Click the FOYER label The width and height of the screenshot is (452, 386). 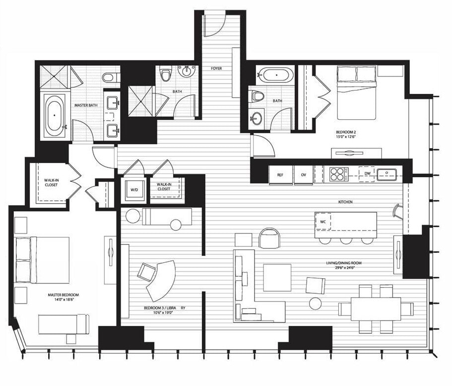click(x=216, y=69)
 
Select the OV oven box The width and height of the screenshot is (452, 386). click(x=304, y=175)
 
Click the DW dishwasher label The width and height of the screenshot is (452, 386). click(x=367, y=173)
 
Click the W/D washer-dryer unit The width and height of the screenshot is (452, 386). click(x=134, y=190)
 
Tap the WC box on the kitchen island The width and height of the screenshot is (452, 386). click(x=323, y=222)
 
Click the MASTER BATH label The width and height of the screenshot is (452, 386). click(x=86, y=105)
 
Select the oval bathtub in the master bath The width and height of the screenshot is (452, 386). click(x=55, y=115)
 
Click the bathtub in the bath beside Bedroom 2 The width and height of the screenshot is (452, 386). click(x=276, y=75)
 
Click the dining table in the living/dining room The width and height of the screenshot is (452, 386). click(x=376, y=309)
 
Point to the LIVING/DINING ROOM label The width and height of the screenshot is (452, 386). click(x=344, y=263)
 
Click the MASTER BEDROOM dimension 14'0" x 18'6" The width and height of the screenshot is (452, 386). click(x=63, y=300)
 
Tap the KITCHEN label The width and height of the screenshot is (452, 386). click(x=345, y=202)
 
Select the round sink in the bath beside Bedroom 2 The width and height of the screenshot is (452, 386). click(x=257, y=118)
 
